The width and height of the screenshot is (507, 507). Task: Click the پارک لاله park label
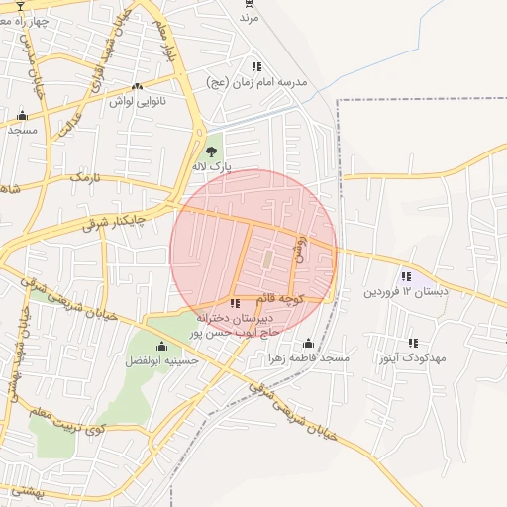pyautogui.click(x=213, y=168)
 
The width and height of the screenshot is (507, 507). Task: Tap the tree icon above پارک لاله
pyautogui.click(x=210, y=152)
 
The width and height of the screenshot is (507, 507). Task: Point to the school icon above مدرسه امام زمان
pyautogui.click(x=256, y=66)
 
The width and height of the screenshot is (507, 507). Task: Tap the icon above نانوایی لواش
pyautogui.click(x=137, y=86)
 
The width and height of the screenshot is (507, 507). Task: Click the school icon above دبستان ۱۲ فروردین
pyautogui.click(x=406, y=276)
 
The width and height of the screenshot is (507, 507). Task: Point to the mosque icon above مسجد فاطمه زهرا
pyautogui.click(x=308, y=344)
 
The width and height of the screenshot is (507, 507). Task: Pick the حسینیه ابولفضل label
pyautogui.click(x=161, y=360)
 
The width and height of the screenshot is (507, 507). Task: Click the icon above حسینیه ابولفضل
pyautogui.click(x=161, y=346)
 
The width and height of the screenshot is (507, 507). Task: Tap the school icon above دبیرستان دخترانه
pyautogui.click(x=234, y=303)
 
